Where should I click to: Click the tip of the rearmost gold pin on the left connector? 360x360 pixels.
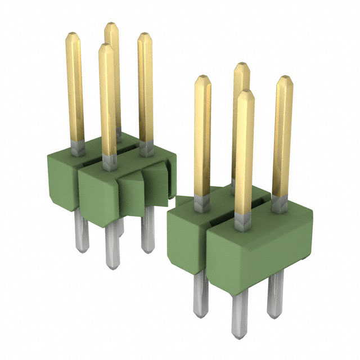(x=110, y=26)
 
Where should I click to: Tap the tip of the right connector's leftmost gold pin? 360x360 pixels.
(x=202, y=79)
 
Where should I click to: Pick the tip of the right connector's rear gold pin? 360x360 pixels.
(x=242, y=66)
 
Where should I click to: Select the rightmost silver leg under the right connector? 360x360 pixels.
(x=275, y=292)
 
